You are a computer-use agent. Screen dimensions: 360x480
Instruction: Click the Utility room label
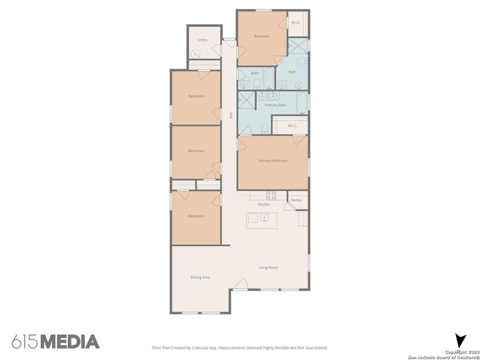(202, 40)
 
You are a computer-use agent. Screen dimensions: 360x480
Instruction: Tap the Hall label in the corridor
(231, 116)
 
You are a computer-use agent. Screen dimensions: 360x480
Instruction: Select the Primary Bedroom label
(272, 161)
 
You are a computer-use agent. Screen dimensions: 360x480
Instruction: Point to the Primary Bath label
(275, 105)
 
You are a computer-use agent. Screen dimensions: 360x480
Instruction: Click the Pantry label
(296, 200)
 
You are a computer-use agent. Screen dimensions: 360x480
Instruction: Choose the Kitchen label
(264, 205)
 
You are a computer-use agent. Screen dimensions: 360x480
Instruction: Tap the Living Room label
(268, 268)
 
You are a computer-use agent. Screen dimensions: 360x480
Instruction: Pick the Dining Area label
(200, 277)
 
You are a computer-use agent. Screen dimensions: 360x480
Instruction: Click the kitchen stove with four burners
(271, 195)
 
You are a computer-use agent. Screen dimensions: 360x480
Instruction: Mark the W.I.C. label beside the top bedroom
(296, 23)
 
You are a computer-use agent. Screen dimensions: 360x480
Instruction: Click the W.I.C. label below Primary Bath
(293, 125)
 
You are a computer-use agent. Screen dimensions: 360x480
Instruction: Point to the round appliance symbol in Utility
(196, 54)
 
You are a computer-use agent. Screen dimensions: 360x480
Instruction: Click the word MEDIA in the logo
(70, 342)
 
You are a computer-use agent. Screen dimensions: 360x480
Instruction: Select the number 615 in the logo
(24, 342)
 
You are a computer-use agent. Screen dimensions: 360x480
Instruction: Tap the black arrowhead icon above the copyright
(460, 340)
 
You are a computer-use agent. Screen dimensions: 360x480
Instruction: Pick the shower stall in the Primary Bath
(247, 100)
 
